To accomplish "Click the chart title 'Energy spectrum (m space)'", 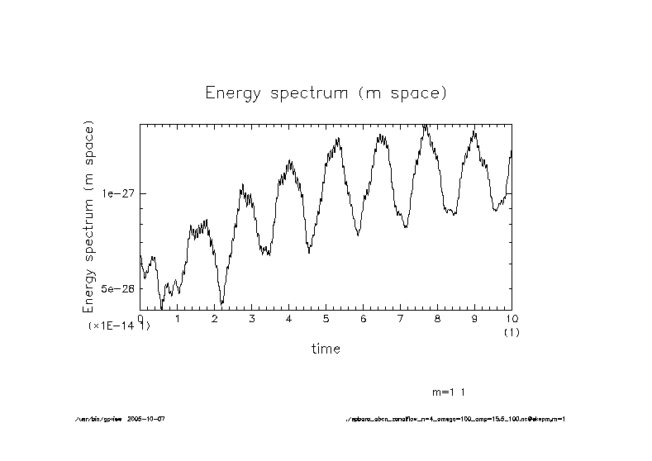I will [x=326, y=93].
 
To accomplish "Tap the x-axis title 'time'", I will [x=326, y=349].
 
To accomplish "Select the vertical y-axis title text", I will [x=89, y=216].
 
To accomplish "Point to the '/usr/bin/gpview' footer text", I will [x=98, y=419].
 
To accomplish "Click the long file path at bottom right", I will [x=454, y=419].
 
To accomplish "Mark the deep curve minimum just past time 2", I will [x=221, y=302].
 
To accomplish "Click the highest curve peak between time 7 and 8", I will [x=425, y=126].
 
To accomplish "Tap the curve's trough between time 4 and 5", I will [x=308, y=250].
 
